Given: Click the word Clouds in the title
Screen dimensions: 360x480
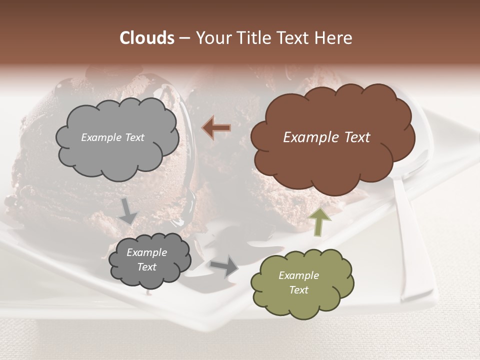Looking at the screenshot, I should pyautogui.click(x=146, y=38).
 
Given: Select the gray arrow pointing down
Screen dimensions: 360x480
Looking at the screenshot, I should pyautogui.click(x=128, y=211).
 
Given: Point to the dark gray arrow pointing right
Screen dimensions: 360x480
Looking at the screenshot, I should pyautogui.click(x=224, y=265).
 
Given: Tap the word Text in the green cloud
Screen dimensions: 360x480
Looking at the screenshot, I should pyautogui.click(x=298, y=290).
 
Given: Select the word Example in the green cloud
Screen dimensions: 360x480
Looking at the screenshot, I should pyautogui.click(x=298, y=275).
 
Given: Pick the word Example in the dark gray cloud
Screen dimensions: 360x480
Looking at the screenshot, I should pyautogui.click(x=146, y=252).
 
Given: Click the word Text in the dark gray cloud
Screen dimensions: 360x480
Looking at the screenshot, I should pyautogui.click(x=146, y=267).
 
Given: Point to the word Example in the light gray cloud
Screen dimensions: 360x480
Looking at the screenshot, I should pyautogui.click(x=100, y=137).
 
